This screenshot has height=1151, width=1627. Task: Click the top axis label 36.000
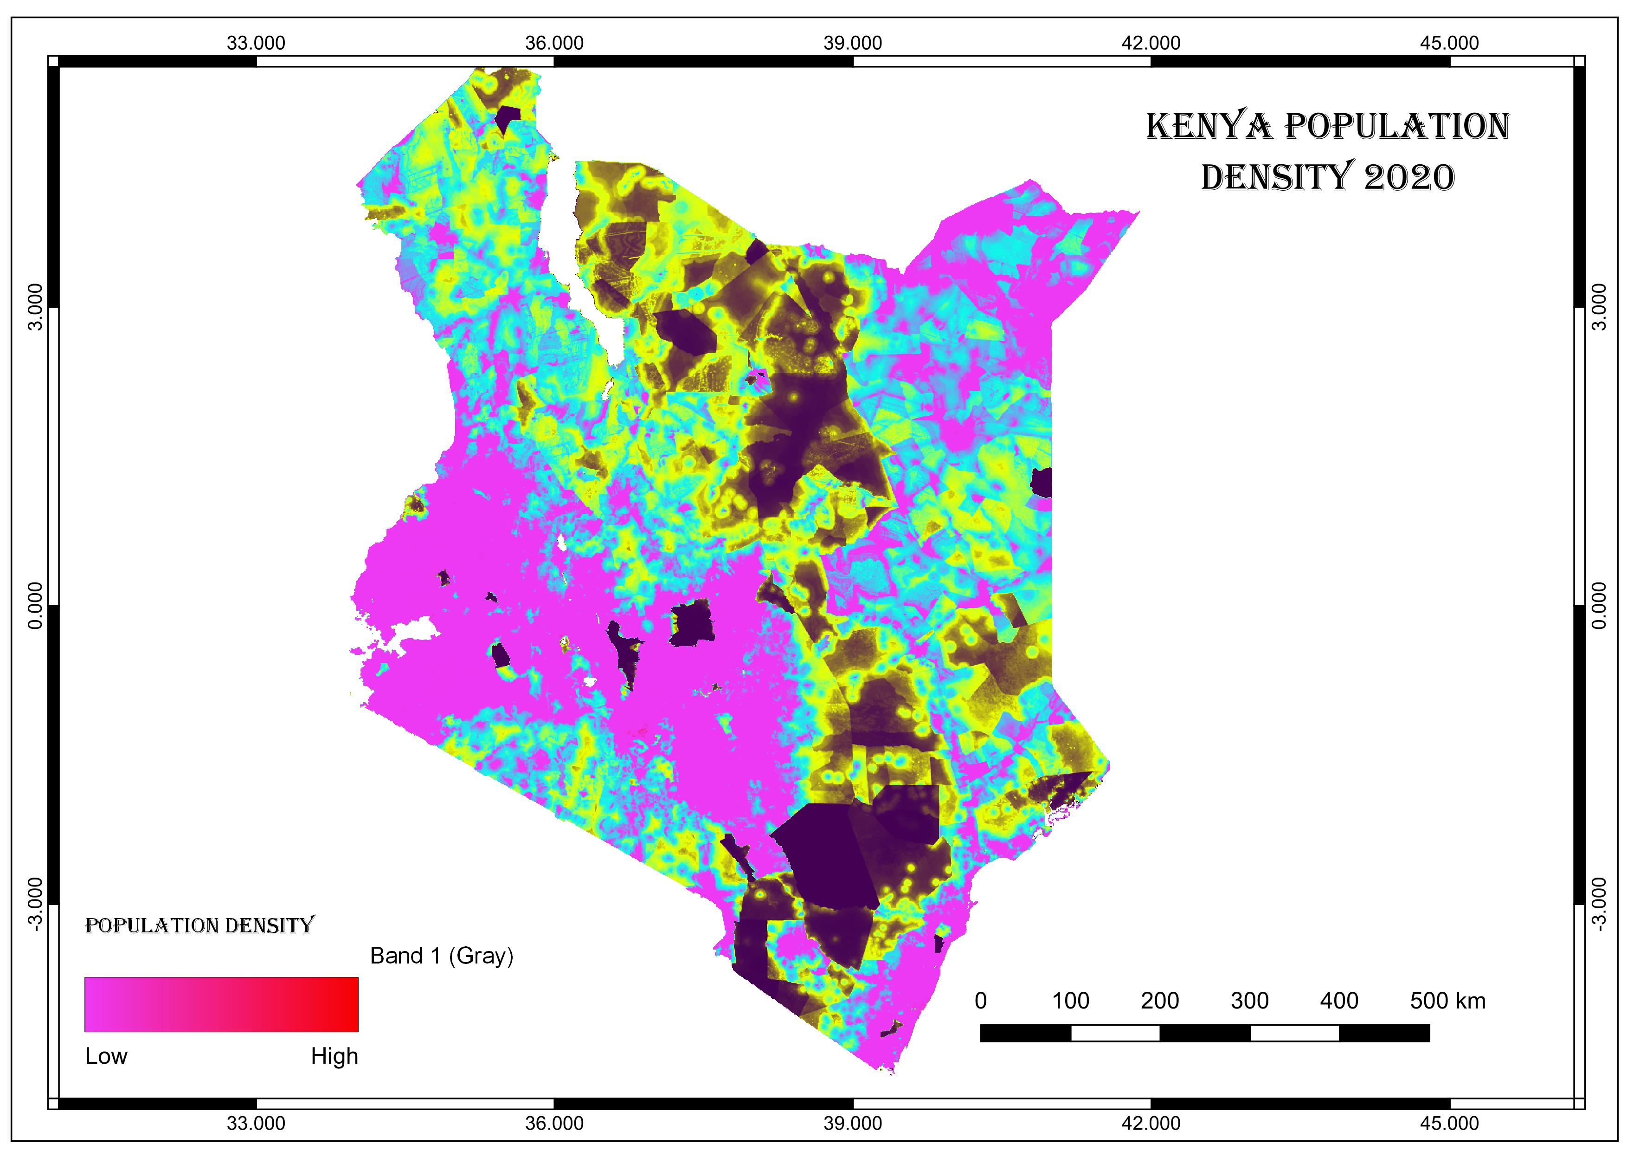554,43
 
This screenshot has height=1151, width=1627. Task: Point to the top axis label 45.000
1449,43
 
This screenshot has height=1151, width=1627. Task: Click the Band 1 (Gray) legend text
442,956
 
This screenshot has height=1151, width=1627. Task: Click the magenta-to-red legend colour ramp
221,1004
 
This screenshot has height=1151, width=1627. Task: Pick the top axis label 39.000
853,43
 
